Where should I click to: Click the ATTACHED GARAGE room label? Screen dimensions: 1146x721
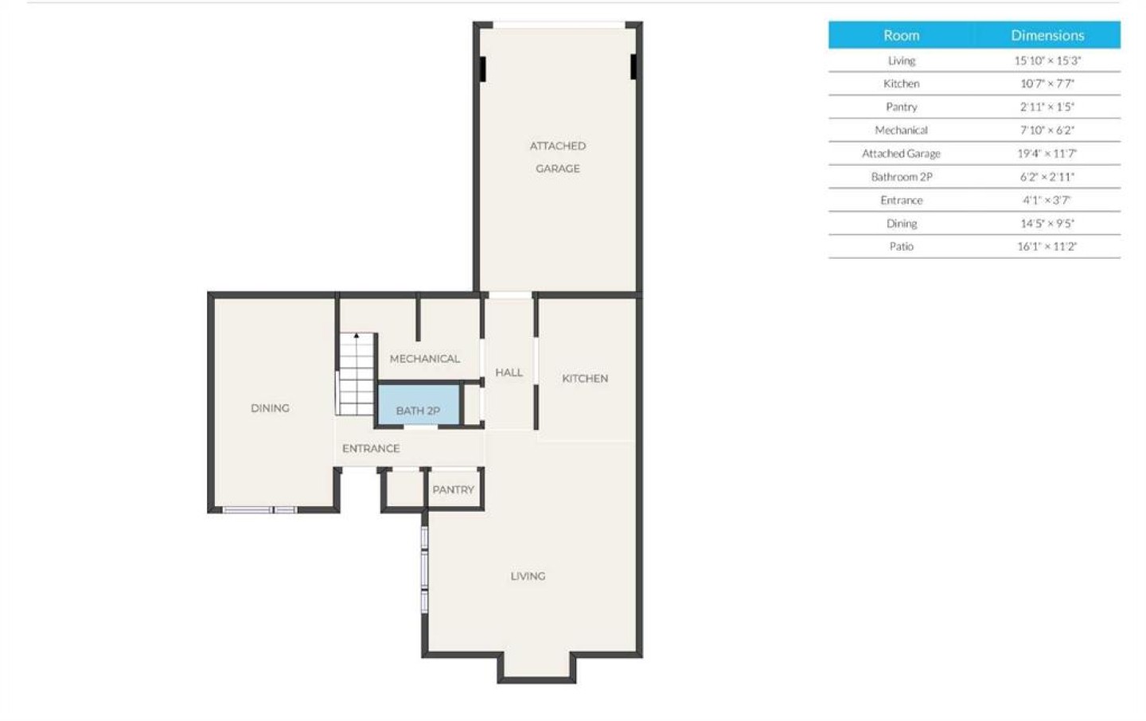coord(558,157)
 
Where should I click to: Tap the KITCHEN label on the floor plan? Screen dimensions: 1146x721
coord(585,379)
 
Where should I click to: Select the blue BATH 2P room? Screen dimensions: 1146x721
coord(419,405)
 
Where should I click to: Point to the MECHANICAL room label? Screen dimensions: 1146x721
coord(425,359)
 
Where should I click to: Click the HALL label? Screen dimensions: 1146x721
coord(509,372)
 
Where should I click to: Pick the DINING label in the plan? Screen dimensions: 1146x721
coord(270,408)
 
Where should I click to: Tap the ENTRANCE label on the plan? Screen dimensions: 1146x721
coord(371,449)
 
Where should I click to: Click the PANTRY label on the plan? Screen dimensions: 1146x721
coord(454,489)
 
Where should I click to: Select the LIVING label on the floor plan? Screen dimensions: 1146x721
coord(528,576)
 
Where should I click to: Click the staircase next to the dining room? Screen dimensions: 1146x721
coord(357,374)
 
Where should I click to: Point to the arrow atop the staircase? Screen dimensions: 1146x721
coord(357,336)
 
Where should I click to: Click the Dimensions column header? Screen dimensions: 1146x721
coord(1047,35)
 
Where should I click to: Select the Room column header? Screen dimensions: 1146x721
coord(902,35)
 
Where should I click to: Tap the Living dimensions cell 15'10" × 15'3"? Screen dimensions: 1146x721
coord(1047,60)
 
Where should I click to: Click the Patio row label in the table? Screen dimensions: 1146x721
coord(902,247)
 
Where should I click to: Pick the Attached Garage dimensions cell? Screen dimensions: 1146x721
coord(1047,154)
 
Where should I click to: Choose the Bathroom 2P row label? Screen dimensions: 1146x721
coord(902,177)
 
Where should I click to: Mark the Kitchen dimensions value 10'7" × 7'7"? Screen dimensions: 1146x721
coord(1047,84)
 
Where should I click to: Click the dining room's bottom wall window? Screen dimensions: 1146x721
coord(260,509)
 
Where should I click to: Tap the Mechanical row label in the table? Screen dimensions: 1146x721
coord(902,131)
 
